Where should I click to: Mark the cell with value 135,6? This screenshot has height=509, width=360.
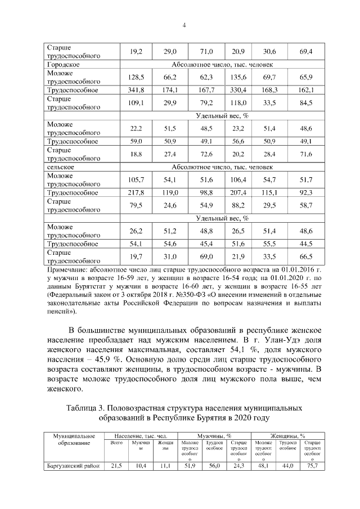(x=238, y=77)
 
